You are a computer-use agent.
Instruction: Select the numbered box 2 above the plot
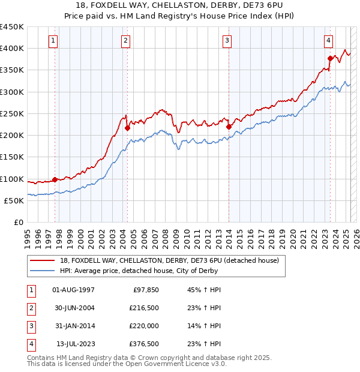pyautogui.click(x=125, y=41)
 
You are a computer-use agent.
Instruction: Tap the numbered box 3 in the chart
pyautogui.click(x=227, y=41)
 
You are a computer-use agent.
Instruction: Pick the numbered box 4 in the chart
pyautogui.click(x=329, y=41)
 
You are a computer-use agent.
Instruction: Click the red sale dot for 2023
pyautogui.click(x=330, y=58)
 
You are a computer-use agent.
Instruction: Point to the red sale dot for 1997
pyautogui.click(x=55, y=179)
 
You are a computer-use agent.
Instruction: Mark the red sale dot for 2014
pyautogui.click(x=229, y=127)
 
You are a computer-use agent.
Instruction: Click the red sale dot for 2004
pyautogui.click(x=127, y=128)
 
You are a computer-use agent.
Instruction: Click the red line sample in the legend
pyautogui.click(x=43, y=261)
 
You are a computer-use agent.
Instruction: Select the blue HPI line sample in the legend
pyautogui.click(x=43, y=271)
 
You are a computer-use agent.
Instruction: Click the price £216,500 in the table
pyautogui.click(x=143, y=308)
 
